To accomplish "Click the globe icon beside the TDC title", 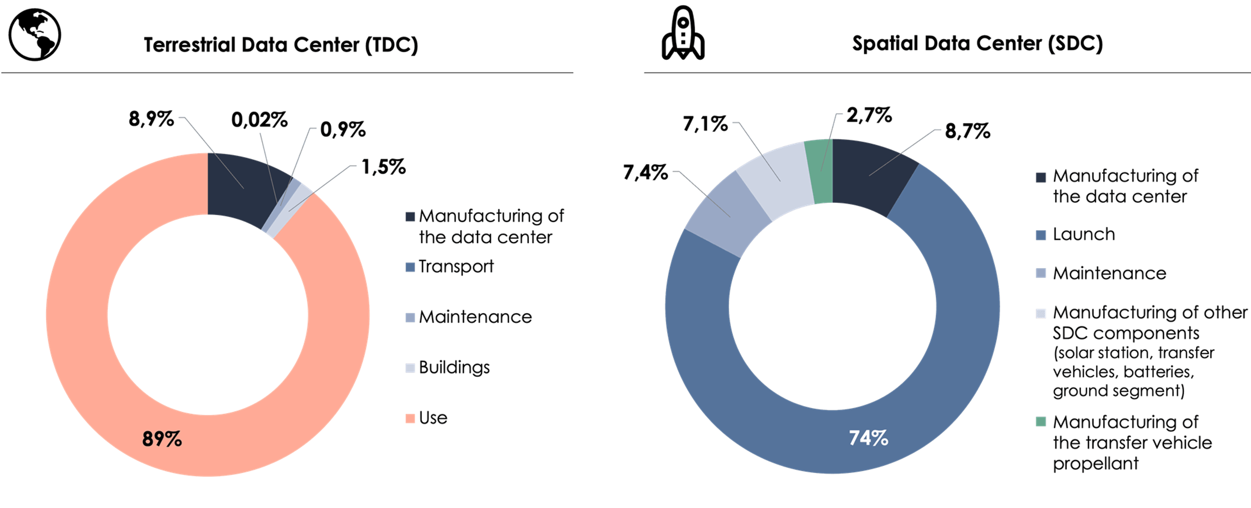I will coord(35,35).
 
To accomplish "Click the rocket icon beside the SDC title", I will coord(683,33).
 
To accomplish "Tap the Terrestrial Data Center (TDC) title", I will coord(281,45).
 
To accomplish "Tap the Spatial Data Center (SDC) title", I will coord(977,43).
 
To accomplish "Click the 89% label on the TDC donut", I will coord(162,439).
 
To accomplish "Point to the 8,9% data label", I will coord(151,119).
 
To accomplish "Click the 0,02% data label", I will coord(259,119).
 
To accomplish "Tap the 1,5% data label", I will coord(384,167).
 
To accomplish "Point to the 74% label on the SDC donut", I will coord(868,437).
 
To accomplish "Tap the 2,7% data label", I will coord(869,115).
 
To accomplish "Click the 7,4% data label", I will coord(645,172).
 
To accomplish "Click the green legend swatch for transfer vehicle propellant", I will coord(1040,421).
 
